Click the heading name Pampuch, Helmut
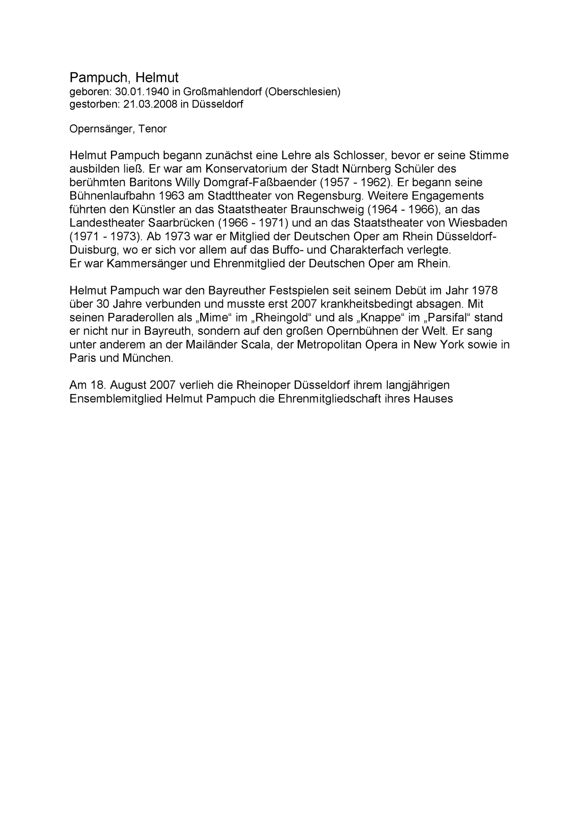click(x=124, y=77)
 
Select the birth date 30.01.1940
click(x=142, y=92)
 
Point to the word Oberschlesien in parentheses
click(x=303, y=92)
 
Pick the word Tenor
click(x=152, y=129)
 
